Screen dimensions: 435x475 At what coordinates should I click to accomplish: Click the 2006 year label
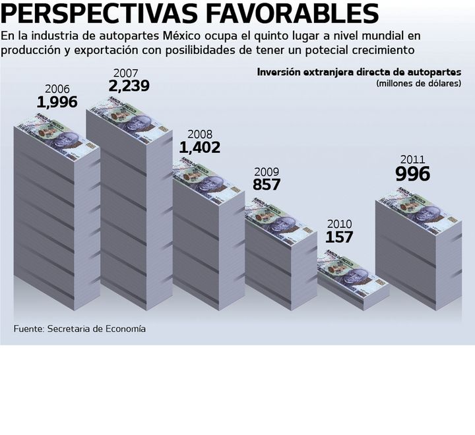pyautogui.click(x=57, y=89)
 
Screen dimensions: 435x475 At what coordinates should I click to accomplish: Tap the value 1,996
pyautogui.click(x=57, y=102)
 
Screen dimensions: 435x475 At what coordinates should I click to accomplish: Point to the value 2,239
pyautogui.click(x=130, y=86)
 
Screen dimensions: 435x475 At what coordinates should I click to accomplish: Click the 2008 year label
pyautogui.click(x=200, y=134)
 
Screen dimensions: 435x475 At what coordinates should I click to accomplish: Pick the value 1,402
pyautogui.click(x=200, y=148)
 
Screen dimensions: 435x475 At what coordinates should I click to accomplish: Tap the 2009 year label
pyautogui.click(x=267, y=171)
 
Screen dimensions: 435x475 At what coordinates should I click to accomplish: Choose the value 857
pyautogui.click(x=267, y=185)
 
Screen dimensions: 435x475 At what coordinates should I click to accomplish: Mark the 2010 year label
pyautogui.click(x=339, y=224)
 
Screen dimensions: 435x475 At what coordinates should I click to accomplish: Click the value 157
pyautogui.click(x=339, y=237)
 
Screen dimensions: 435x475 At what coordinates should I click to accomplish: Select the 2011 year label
pyautogui.click(x=412, y=159)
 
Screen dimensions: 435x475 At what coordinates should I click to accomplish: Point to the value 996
pyautogui.click(x=412, y=174)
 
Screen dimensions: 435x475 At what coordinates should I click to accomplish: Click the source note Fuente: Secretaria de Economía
pyautogui.click(x=80, y=328)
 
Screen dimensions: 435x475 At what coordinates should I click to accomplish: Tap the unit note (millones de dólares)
pyautogui.click(x=418, y=84)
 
